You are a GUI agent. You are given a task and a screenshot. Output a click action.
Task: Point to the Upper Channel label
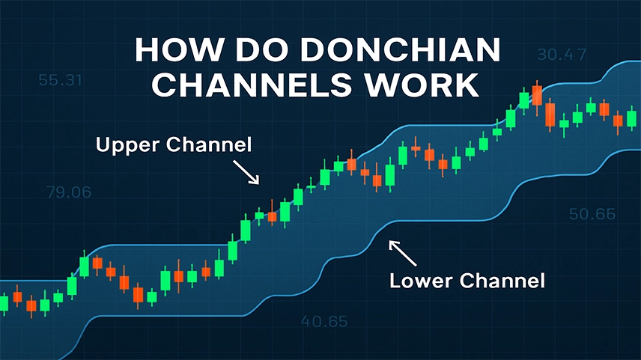pos(174,145)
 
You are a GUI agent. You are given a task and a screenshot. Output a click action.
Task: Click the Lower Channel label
pos(467,281)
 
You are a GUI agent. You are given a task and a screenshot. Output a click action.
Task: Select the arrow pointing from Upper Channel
pos(246,172)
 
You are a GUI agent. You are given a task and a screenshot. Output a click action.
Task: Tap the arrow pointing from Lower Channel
pos(402,253)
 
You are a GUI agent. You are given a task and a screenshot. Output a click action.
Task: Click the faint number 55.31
pos(60,80)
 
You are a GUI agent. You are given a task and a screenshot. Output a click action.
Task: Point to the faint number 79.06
pos(69,192)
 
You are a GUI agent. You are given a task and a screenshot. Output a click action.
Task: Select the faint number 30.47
pos(562,55)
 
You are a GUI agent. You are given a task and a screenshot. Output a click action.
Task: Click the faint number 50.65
pos(592,214)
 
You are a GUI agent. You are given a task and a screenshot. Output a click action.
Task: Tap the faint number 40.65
pos(324,322)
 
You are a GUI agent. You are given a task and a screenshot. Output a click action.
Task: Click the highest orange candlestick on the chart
pos(537,96)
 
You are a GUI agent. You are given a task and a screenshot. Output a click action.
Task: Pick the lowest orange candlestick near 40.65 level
pos(139,295)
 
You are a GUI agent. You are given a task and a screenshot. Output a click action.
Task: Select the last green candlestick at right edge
pos(631,118)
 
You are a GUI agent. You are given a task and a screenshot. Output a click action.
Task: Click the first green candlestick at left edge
pos(4,304)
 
